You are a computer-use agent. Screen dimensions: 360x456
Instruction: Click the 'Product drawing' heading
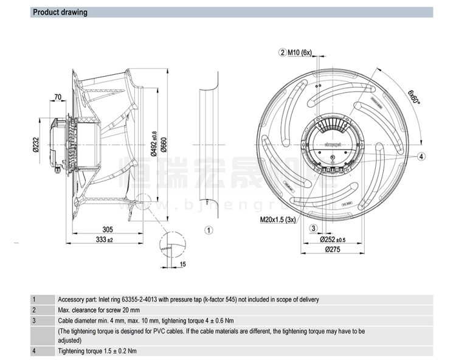(x=60, y=12)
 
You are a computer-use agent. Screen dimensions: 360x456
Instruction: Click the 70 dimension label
(x=58, y=97)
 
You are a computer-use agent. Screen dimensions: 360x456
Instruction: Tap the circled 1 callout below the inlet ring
(x=209, y=230)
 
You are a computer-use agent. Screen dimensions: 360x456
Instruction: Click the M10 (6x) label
(x=300, y=52)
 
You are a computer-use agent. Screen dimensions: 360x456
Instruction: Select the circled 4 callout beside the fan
(x=421, y=156)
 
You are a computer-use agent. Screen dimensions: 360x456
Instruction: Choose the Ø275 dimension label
(x=332, y=249)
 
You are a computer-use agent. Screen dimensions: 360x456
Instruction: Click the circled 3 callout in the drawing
(x=314, y=228)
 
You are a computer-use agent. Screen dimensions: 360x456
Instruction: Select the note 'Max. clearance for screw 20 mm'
(x=100, y=310)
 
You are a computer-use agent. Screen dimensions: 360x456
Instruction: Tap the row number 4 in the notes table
(x=34, y=351)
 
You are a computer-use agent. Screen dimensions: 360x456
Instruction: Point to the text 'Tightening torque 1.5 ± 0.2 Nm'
(x=97, y=351)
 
